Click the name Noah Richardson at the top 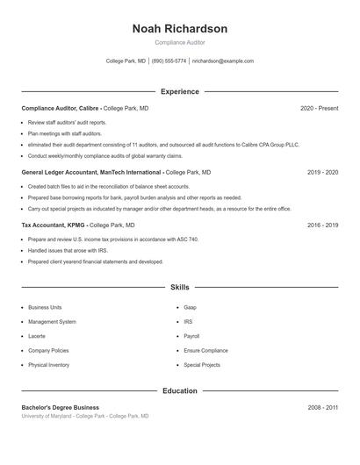[x=179, y=29]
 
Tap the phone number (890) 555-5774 [x=169, y=61]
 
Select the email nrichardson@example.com [x=222, y=61]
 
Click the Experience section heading [x=179, y=91]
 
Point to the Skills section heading [x=179, y=287]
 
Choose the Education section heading [x=179, y=390]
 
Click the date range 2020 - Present [x=319, y=108]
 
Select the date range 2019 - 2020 [x=322, y=173]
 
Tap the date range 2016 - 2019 [x=322, y=225]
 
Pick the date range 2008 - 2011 [x=322, y=407]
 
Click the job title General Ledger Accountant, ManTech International [x=91, y=173]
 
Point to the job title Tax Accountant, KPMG [x=54, y=225]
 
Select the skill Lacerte [x=37, y=336]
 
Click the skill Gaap [x=190, y=308]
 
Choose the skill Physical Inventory [x=48, y=365]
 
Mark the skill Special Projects [x=201, y=365]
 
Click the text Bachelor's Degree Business [x=61, y=407]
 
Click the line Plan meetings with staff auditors [x=65, y=133]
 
